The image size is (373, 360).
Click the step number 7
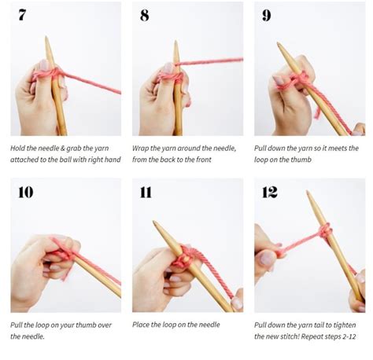(21, 14)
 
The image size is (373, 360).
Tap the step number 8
(144, 14)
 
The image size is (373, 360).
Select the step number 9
(266, 14)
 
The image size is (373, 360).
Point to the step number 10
(25, 192)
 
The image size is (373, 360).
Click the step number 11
(147, 192)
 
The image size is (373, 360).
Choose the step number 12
(270, 192)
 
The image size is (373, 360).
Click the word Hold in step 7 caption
(19, 147)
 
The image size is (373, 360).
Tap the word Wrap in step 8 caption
(142, 147)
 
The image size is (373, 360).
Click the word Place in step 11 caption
(142, 325)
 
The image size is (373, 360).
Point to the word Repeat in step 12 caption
(317, 337)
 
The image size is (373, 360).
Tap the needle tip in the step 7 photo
(46, 39)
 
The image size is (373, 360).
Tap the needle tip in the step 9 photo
(279, 45)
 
